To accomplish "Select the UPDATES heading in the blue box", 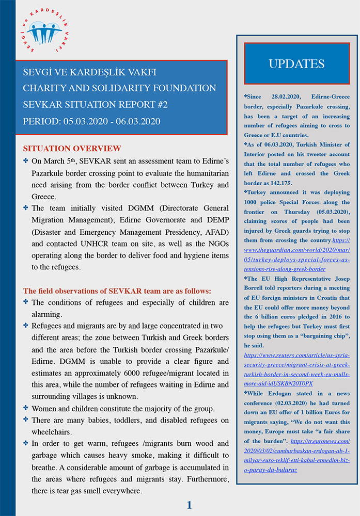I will point(296,64).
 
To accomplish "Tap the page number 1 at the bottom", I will point(189,505).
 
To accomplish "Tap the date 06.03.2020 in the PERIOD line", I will point(135,121).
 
